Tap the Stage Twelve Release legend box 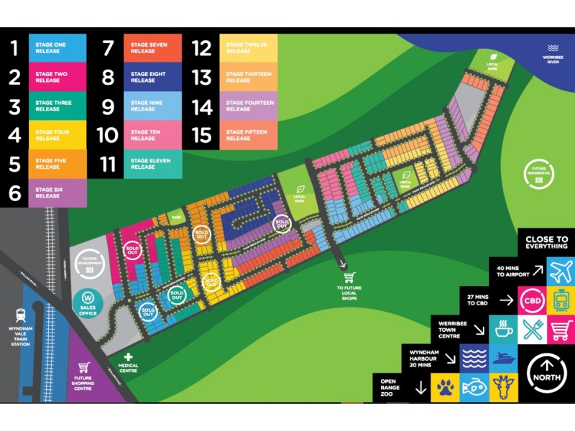click(x=247, y=48)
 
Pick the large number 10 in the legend click(x=107, y=135)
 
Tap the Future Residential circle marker click(x=538, y=175)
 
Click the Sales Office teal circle click(x=88, y=300)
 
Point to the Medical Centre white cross click(x=129, y=356)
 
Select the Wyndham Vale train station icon click(x=20, y=315)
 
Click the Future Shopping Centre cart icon click(x=84, y=367)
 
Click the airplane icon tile click(x=560, y=272)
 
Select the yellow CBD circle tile click(x=532, y=300)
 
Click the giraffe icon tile click(x=502, y=388)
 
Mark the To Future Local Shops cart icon click(x=349, y=277)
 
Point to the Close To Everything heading click(x=546, y=243)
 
